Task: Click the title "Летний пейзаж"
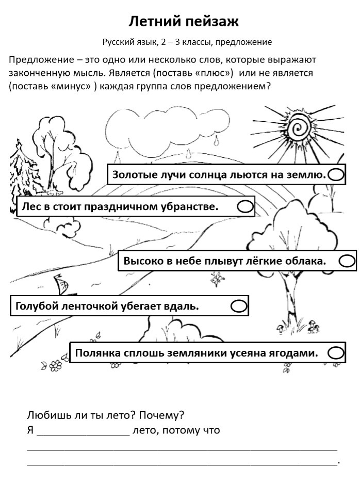[183, 22]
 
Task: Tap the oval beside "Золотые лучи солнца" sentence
[336, 175]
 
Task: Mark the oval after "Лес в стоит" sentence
[245, 206]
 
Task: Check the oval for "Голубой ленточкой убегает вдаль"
[238, 306]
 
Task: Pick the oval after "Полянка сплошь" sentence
[336, 353]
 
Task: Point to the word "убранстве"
[190, 206]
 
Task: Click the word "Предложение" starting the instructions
[41, 59]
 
